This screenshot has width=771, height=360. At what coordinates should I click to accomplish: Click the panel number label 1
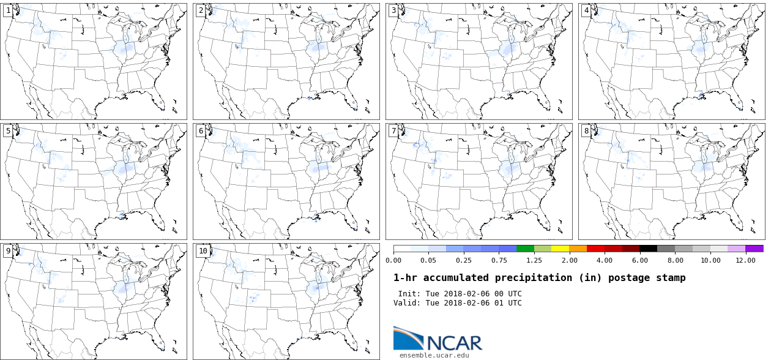coord(8,10)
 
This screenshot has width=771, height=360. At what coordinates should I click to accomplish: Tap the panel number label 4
coord(586,10)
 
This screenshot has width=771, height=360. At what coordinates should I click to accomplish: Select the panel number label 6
coord(201,130)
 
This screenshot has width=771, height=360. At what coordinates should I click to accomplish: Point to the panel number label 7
coord(393,130)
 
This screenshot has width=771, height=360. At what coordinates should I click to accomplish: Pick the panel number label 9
coord(8,250)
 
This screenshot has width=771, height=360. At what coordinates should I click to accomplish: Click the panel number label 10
coord(203,250)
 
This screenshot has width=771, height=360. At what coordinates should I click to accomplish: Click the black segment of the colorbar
coord(649,249)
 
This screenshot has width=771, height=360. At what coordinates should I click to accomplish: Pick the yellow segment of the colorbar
coord(561,249)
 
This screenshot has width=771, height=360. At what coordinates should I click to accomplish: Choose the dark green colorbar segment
coord(525,249)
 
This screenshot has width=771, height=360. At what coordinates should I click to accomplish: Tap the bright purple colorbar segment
coord(754,249)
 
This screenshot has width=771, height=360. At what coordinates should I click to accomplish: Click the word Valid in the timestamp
coord(405,303)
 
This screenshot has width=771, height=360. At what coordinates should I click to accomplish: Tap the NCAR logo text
coord(454,342)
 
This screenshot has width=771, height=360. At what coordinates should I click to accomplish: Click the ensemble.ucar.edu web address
coord(434,355)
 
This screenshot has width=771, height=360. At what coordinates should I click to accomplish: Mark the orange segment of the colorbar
coord(578,249)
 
